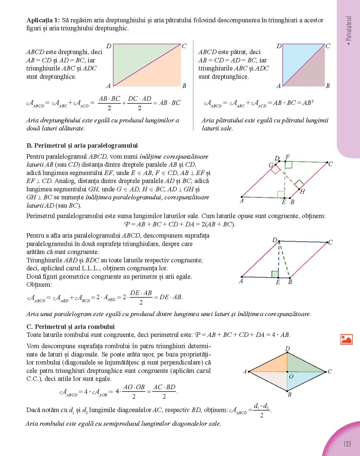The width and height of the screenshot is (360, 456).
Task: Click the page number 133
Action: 347,444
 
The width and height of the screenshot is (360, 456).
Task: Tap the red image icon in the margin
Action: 346,339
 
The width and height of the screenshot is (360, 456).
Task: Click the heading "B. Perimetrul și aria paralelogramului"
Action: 82,146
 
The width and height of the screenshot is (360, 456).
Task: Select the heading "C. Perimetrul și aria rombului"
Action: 70,326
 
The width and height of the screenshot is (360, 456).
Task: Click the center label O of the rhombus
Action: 291,376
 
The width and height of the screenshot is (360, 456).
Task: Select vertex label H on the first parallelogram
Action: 302,192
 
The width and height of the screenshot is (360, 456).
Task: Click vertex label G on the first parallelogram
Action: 271,165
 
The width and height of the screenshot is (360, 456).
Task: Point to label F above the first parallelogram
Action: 287,157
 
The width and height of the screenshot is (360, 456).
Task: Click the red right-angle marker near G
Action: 276,169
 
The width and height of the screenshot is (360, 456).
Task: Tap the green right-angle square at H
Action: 299,184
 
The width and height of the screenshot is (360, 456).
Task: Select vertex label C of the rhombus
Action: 329,371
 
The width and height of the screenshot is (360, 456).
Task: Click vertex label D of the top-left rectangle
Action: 109,46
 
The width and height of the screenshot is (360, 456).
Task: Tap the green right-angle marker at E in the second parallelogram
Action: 275,274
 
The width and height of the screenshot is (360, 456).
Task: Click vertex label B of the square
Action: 328,86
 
